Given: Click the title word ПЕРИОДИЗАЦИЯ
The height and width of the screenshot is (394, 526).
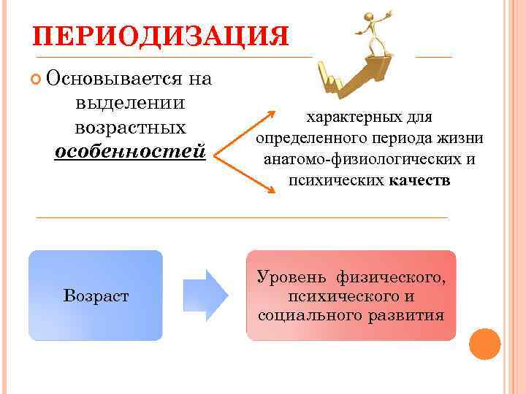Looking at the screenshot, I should [161, 36].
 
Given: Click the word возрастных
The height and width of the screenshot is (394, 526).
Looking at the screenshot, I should [129, 127].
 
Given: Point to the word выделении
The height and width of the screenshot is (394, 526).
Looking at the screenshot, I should [129, 103].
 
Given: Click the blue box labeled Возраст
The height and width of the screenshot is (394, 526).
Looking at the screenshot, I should [96, 295].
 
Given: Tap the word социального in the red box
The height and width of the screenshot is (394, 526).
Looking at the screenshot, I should [306, 315].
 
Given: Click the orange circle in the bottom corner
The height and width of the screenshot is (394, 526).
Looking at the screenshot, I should [484, 344].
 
